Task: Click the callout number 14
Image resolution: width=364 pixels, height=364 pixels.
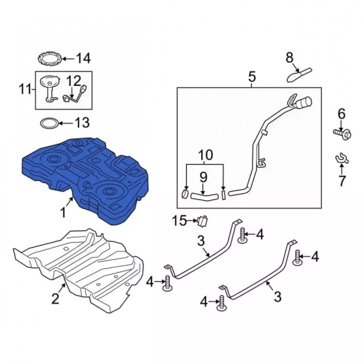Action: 83,58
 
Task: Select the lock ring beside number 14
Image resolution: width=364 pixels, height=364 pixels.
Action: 50,59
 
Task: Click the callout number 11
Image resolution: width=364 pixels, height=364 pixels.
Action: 25,90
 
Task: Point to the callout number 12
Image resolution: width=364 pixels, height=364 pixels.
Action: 74,81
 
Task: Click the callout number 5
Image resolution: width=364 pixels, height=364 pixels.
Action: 252,77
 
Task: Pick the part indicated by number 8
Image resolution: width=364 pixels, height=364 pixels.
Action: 300,75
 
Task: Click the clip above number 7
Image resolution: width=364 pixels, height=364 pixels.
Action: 342,159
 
